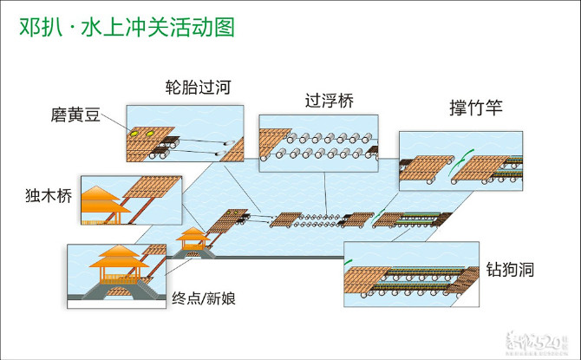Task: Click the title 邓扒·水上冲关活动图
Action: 127,28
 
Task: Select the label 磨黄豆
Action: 75,115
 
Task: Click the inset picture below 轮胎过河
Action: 185,134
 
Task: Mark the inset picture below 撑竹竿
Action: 460,160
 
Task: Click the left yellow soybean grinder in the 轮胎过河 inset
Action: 135,134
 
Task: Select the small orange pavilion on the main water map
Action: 191,237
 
